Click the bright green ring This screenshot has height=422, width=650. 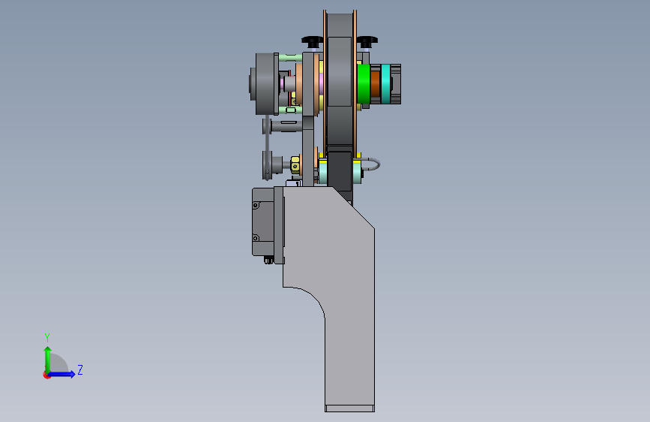(x=363, y=84)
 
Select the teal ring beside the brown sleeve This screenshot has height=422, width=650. (x=386, y=83)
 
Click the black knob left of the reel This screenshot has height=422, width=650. (x=312, y=41)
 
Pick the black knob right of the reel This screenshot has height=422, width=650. (x=367, y=41)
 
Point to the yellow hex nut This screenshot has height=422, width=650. (x=295, y=164)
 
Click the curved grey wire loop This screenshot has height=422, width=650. (x=372, y=164)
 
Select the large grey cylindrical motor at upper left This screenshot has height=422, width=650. (x=265, y=84)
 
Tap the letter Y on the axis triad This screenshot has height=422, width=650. (x=47, y=338)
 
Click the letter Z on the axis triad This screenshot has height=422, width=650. (x=80, y=369)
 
